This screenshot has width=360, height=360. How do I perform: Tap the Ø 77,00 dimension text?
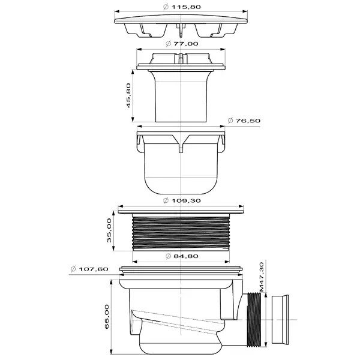(x=182, y=44)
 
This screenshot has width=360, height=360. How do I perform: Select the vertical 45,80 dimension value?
(x=128, y=95)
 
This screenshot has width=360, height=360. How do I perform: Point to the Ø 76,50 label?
(x=244, y=121)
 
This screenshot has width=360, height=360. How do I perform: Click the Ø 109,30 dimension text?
(x=182, y=200)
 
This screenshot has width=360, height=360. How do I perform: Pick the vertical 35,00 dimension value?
(x=109, y=230)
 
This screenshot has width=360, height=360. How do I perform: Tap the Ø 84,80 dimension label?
(x=182, y=256)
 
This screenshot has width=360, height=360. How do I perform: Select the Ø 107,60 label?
(x=89, y=269)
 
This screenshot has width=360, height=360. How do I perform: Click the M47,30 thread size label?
(x=262, y=277)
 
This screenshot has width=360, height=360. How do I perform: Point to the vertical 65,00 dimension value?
(x=107, y=317)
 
